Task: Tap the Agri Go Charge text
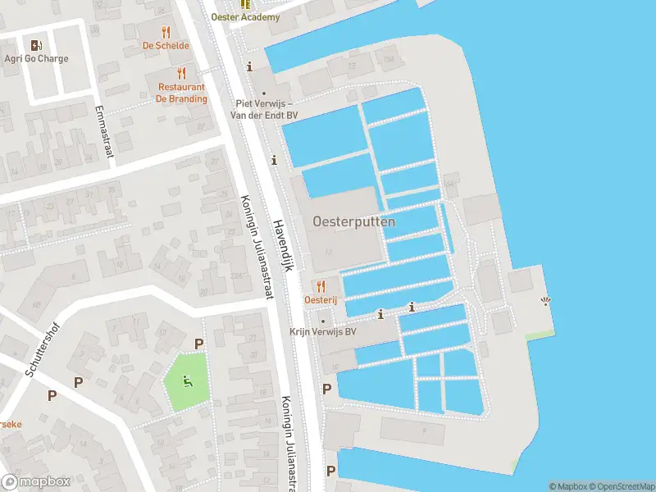point(36,59)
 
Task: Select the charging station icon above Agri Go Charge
point(36,45)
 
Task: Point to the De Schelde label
point(166,47)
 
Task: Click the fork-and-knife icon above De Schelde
point(166,33)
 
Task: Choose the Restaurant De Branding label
point(182,93)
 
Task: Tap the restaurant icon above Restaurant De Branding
point(182,74)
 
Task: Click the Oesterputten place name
point(353,221)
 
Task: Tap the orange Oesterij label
point(320,301)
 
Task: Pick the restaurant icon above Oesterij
point(320,286)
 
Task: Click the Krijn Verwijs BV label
point(323,332)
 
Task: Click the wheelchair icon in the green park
point(188,380)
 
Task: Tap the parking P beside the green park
point(198,344)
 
